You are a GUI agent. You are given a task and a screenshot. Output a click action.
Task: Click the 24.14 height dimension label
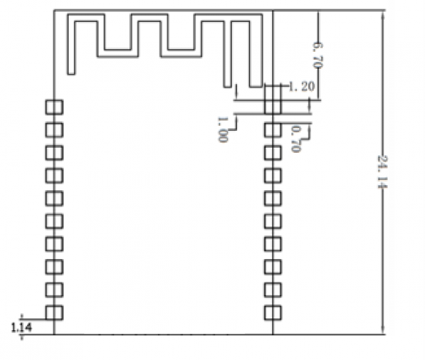click(382, 172)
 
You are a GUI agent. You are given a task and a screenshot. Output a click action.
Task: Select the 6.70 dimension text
click(318, 55)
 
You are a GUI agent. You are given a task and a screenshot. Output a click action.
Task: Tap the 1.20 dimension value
click(302, 87)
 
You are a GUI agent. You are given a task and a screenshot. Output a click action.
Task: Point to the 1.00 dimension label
click(222, 129)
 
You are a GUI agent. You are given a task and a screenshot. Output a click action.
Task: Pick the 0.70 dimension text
click(296, 138)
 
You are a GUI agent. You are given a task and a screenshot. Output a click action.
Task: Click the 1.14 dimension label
click(22, 328)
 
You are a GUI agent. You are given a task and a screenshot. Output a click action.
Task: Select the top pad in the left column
click(54, 107)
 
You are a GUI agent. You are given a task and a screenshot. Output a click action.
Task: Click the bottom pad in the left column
click(54, 312)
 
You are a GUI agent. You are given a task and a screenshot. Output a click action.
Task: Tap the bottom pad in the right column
click(273, 312)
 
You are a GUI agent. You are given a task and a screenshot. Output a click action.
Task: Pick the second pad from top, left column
click(54, 130)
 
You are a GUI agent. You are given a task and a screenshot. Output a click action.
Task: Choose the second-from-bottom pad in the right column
click(273, 290)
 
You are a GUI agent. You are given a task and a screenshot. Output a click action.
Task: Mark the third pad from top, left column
click(54, 153)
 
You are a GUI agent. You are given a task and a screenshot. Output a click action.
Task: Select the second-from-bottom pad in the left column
click(54, 290)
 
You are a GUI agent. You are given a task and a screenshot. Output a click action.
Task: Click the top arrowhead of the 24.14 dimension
click(382, 14)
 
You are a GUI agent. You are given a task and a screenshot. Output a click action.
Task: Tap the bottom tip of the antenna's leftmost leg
click(71, 75)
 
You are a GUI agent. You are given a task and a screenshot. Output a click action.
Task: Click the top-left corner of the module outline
click(54, 10)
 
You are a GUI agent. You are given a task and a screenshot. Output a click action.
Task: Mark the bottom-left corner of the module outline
click(54, 335)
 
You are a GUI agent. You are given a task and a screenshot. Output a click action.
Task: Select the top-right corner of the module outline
click(273, 10)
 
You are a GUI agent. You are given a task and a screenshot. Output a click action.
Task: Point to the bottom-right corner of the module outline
click(273, 335)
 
